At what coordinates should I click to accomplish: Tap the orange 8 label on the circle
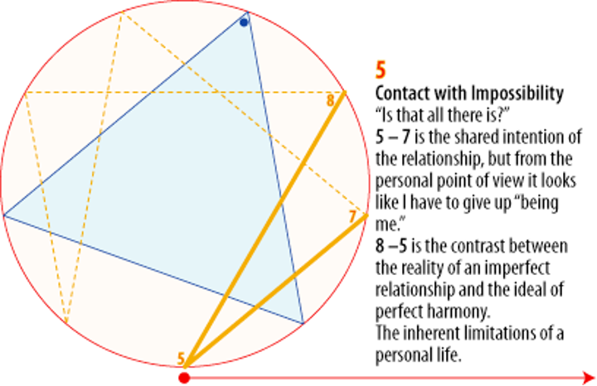[331, 100]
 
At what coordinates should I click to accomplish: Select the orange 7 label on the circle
[352, 216]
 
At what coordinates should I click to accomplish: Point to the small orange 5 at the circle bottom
[180, 359]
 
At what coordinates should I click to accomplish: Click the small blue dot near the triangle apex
[243, 22]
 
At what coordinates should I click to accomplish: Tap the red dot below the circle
[184, 378]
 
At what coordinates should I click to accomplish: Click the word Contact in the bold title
[402, 94]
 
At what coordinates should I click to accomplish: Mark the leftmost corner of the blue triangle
[5, 216]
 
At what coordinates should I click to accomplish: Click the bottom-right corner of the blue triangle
[303, 323]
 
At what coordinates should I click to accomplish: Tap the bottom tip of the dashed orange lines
[67, 323]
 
